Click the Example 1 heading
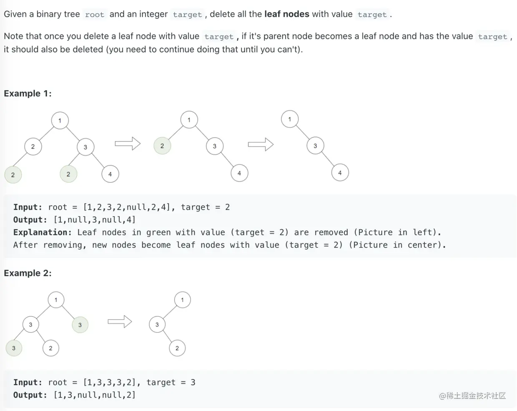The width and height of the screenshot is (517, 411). point(28,93)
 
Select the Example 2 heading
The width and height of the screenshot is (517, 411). point(28,273)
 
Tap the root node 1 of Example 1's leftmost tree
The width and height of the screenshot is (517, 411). point(60,121)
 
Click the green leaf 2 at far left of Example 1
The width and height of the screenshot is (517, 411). point(13,175)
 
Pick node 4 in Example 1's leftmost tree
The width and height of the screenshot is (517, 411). point(110,174)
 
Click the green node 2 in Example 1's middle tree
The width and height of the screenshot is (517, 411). point(162,146)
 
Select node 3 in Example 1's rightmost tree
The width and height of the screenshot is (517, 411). point(315,146)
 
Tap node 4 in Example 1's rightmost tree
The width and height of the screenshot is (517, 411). point(340,173)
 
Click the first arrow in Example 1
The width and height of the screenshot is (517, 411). point(128,144)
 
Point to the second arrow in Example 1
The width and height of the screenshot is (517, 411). point(261,144)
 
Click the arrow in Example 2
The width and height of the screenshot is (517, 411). point(120,322)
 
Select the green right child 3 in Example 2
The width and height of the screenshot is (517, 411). point(80,325)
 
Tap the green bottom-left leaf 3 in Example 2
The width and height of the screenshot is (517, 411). point(14,348)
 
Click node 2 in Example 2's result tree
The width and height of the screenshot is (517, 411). point(177,348)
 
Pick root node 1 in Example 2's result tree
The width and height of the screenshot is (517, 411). point(182,300)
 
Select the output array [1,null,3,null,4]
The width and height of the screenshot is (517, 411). point(95,220)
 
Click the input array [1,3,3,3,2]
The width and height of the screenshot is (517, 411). point(110,383)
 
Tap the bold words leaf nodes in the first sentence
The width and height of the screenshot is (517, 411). point(286,14)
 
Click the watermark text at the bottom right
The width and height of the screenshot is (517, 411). point(472,396)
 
